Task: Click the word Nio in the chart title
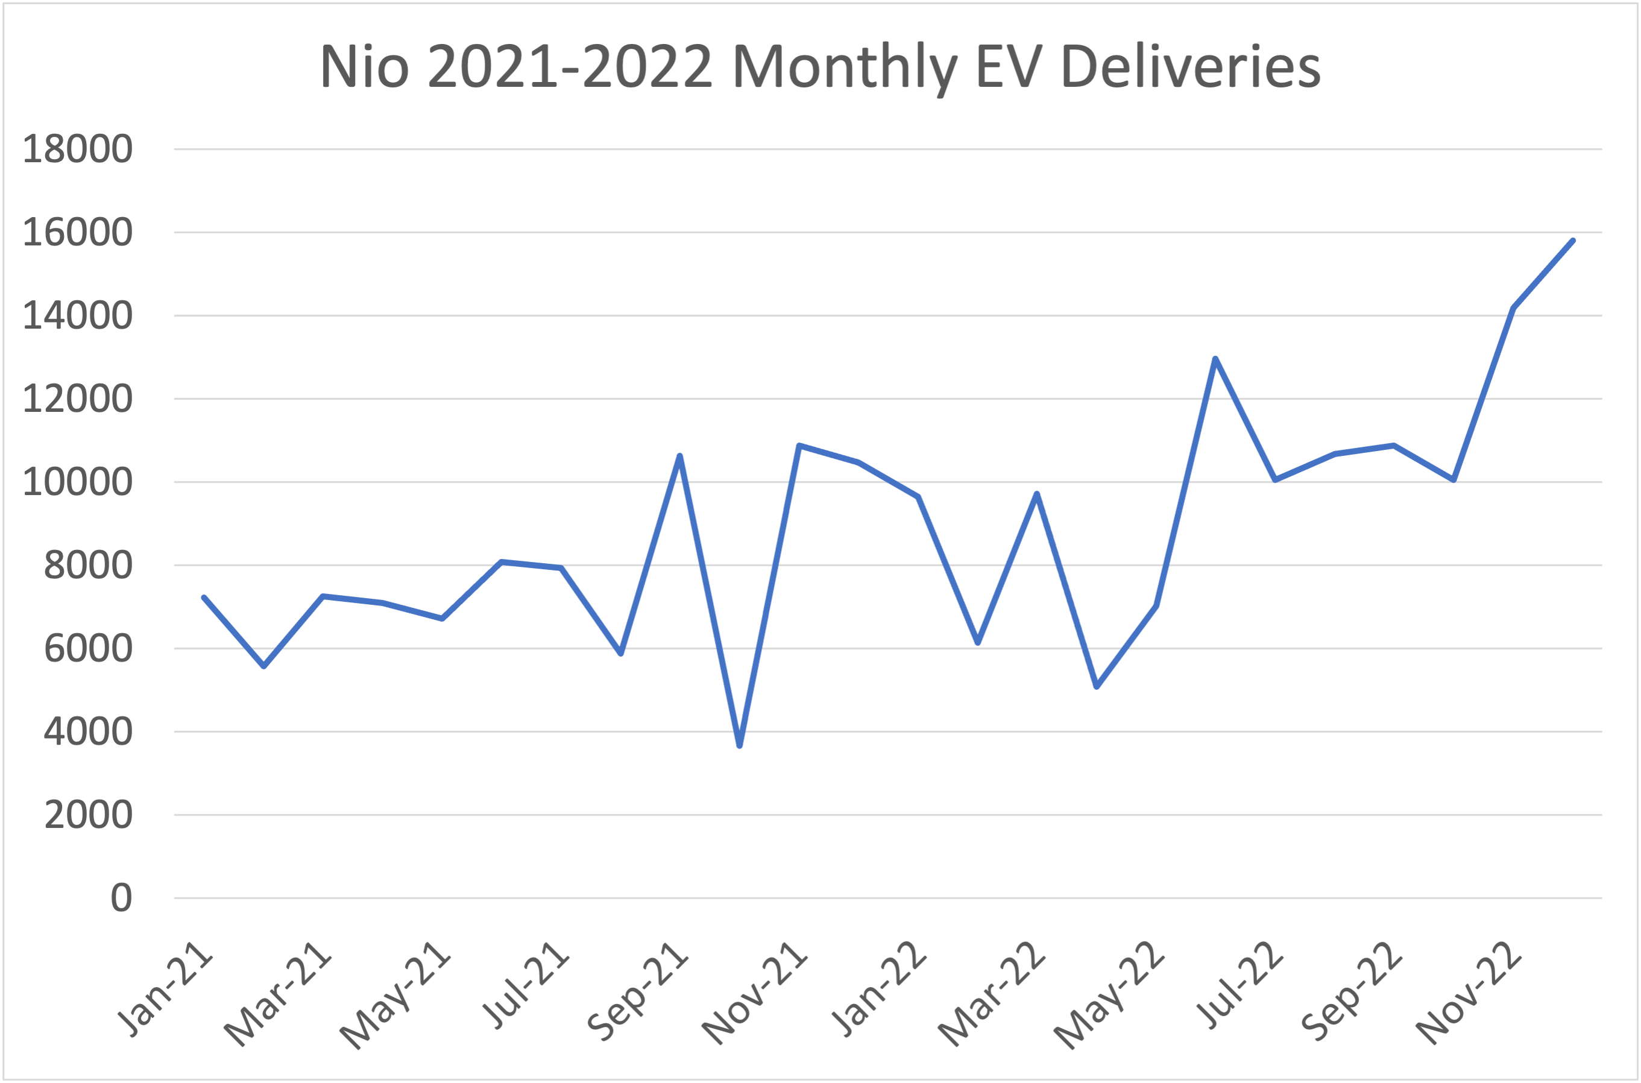click(365, 67)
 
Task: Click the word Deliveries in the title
click(1190, 67)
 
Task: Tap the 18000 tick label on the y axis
click(77, 148)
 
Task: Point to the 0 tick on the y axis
click(122, 898)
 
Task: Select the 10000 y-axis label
click(77, 482)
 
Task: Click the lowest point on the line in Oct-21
click(739, 746)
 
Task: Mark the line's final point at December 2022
click(1573, 241)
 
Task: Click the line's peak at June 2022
click(1215, 358)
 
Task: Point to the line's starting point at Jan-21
click(204, 598)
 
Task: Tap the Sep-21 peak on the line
click(680, 456)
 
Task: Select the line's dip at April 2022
click(1096, 687)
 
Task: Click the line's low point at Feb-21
click(263, 666)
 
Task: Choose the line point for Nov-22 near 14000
click(1513, 308)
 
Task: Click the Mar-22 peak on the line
click(1037, 494)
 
